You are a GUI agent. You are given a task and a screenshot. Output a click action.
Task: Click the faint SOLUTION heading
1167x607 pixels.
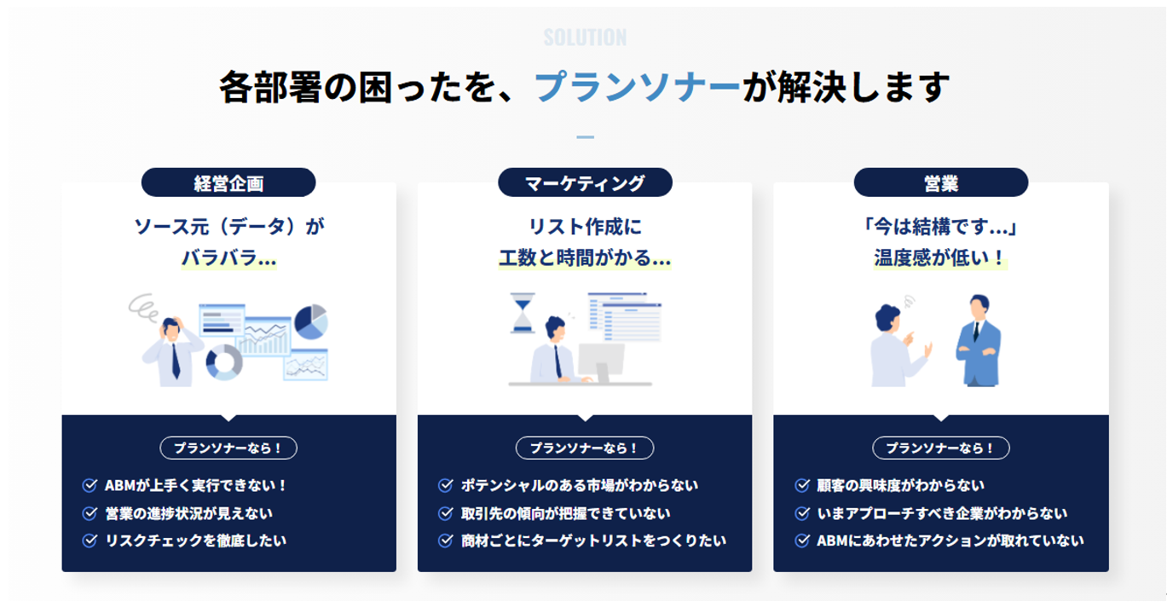pyautogui.click(x=585, y=38)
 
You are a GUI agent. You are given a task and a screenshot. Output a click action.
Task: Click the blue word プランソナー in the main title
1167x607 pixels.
pyautogui.click(x=637, y=87)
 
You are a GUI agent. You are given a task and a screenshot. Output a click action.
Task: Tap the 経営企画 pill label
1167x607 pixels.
pyautogui.click(x=228, y=183)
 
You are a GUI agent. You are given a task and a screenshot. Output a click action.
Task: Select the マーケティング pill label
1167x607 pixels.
pyautogui.click(x=585, y=183)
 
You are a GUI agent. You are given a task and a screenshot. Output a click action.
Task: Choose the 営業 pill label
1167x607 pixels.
pyautogui.click(x=941, y=183)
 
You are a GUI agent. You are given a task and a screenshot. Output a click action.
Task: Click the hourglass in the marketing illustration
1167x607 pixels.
pyautogui.click(x=523, y=313)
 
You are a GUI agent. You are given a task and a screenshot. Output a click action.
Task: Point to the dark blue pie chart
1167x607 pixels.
pyautogui.click(x=311, y=321)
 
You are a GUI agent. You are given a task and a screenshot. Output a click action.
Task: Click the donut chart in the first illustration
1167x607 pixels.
pyautogui.click(x=224, y=362)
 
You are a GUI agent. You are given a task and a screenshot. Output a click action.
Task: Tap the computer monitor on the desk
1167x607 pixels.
pyautogui.click(x=602, y=362)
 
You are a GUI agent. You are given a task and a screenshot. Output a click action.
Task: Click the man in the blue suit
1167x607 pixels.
pyautogui.click(x=979, y=341)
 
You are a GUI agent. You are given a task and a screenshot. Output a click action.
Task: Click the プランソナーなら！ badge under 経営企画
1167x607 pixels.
pyautogui.click(x=228, y=448)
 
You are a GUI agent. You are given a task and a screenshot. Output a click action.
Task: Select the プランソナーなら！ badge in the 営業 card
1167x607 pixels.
pyautogui.click(x=941, y=448)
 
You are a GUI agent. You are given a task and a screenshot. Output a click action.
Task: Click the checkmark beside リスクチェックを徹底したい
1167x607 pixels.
pyautogui.click(x=90, y=541)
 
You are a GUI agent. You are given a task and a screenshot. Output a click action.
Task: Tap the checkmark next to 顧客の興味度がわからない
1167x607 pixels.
pyautogui.click(x=802, y=486)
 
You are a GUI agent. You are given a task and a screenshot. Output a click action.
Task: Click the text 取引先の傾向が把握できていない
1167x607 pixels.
pyautogui.click(x=565, y=514)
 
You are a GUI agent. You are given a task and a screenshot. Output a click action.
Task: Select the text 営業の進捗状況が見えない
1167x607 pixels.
pyautogui.click(x=188, y=514)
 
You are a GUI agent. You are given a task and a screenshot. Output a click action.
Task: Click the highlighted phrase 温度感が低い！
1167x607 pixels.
pyautogui.click(x=940, y=258)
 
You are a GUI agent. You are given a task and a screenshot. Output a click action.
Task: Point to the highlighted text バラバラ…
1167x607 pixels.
pyautogui.click(x=228, y=258)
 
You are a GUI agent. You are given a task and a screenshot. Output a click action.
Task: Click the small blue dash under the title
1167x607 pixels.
pyautogui.click(x=585, y=137)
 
